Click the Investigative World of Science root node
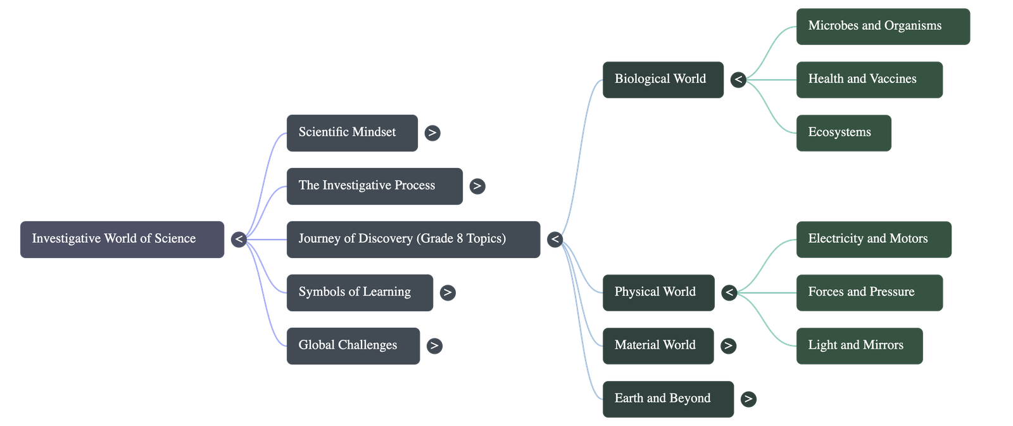click(x=122, y=239)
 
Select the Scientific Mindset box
click(x=352, y=132)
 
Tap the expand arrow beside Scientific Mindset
click(x=432, y=132)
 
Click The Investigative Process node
click(x=374, y=186)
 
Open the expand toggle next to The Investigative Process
click(x=477, y=186)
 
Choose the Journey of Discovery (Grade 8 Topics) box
click(x=413, y=239)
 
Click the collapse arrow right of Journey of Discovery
click(x=555, y=239)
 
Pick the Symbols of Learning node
click(x=360, y=292)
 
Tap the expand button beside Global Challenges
click(x=434, y=345)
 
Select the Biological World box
click(x=663, y=79)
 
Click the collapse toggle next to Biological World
click(x=738, y=79)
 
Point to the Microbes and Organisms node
click(x=883, y=26)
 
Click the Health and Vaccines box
click(x=869, y=79)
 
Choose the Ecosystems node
click(x=843, y=132)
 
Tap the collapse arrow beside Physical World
click(x=729, y=292)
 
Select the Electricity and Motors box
click(x=873, y=239)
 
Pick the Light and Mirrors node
click(x=859, y=345)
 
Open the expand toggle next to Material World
click(x=728, y=345)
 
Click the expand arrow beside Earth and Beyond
click(x=748, y=399)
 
